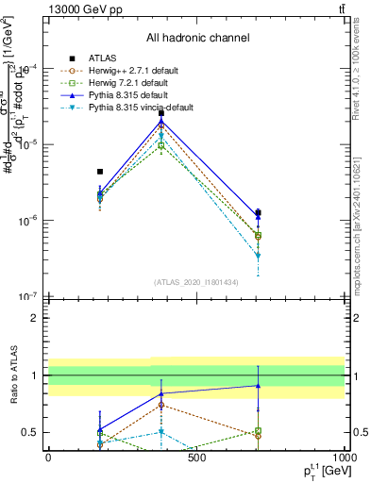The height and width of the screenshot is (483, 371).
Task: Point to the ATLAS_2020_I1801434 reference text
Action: (195, 282)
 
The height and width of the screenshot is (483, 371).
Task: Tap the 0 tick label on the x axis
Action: (48, 458)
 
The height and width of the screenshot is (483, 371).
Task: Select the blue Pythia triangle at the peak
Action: (161, 121)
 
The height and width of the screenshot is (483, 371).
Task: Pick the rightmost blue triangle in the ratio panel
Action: (258, 385)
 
